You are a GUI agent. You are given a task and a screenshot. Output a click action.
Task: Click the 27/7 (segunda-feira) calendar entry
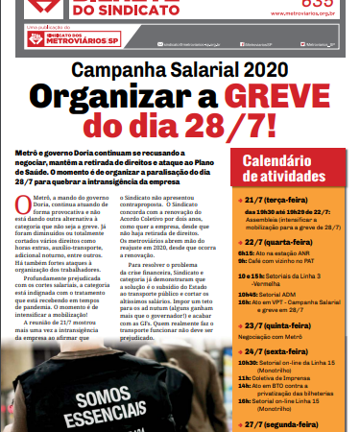292,422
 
